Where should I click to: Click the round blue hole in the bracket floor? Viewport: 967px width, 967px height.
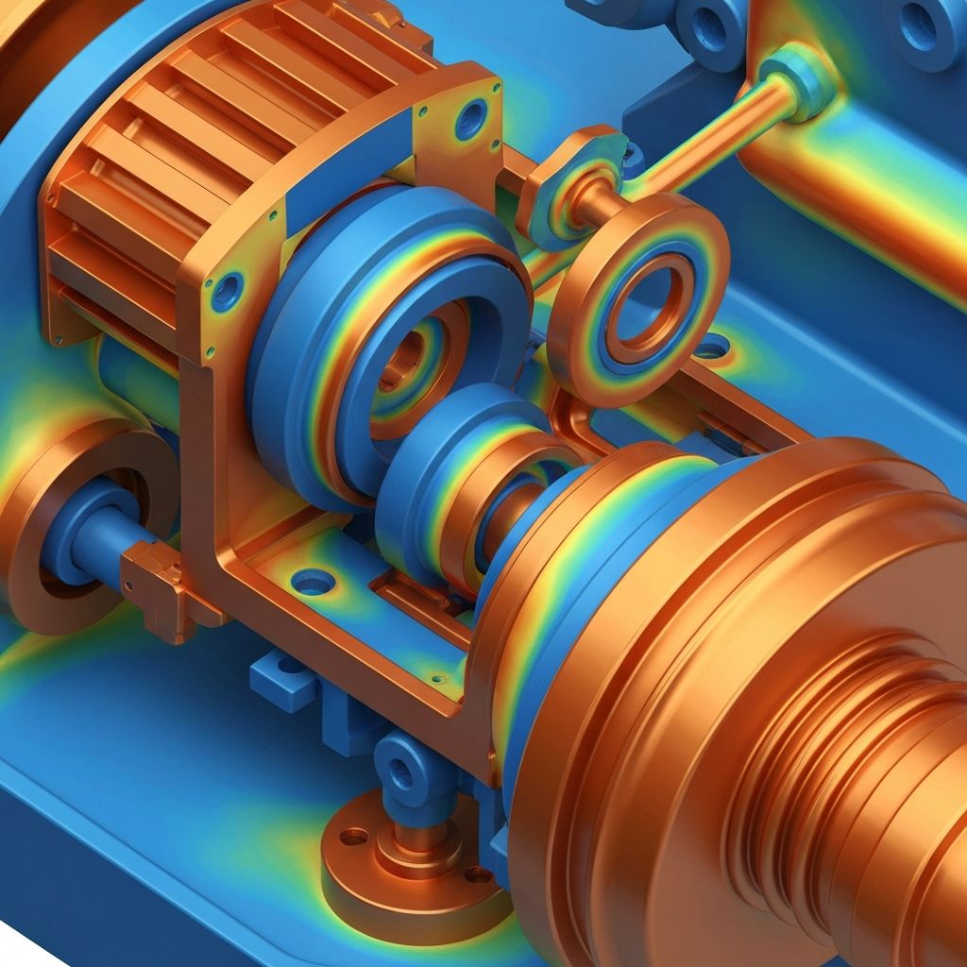(x=314, y=582)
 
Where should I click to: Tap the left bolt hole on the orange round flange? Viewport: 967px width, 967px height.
(x=355, y=836)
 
